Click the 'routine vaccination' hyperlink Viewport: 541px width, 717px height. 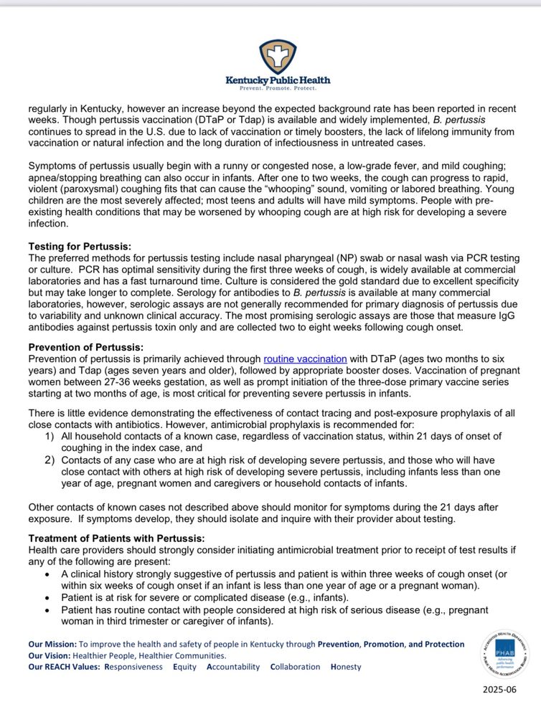(x=305, y=358)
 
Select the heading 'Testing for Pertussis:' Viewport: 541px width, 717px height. (x=80, y=246)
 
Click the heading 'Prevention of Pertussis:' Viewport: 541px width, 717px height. (x=85, y=348)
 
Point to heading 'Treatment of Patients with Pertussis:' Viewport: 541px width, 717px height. (x=116, y=538)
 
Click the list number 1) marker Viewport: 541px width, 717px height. (x=49, y=436)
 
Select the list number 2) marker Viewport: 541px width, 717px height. (x=49, y=460)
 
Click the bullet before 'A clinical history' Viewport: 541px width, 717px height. (x=47, y=574)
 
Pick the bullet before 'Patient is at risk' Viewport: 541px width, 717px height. (x=47, y=598)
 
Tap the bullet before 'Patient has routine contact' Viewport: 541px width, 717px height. (x=47, y=609)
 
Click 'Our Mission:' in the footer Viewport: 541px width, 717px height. (x=52, y=644)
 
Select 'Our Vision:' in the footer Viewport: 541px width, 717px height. (x=49, y=655)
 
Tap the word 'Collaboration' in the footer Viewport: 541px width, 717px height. (x=295, y=667)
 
